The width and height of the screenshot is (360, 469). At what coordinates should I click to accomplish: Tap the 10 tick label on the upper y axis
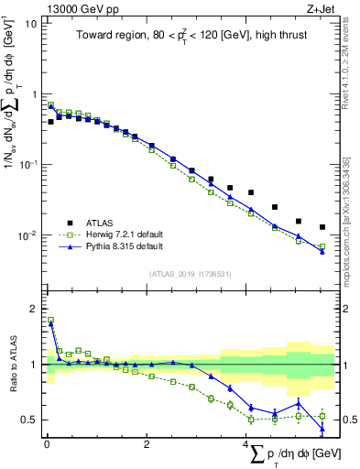(x=29, y=24)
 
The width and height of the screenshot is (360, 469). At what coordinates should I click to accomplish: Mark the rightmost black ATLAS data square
(x=322, y=227)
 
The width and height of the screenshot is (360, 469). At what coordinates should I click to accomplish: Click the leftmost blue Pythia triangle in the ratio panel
(x=50, y=322)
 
